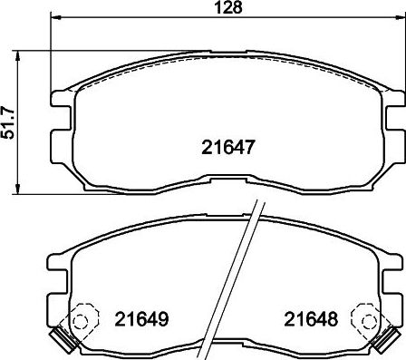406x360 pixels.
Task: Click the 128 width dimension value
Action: pyautogui.click(x=229, y=7)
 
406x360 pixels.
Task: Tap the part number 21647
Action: pyautogui.click(x=228, y=147)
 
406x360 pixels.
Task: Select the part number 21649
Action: pyautogui.click(x=141, y=319)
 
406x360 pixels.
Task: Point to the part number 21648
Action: pyautogui.click(x=311, y=319)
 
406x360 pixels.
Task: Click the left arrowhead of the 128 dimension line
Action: pyautogui.click(x=56, y=17)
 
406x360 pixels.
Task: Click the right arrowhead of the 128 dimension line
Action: pyautogui.click(x=400, y=17)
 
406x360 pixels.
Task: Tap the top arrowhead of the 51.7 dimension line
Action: pyautogui.click(x=18, y=56)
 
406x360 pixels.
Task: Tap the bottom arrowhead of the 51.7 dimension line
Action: pyautogui.click(x=18, y=188)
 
